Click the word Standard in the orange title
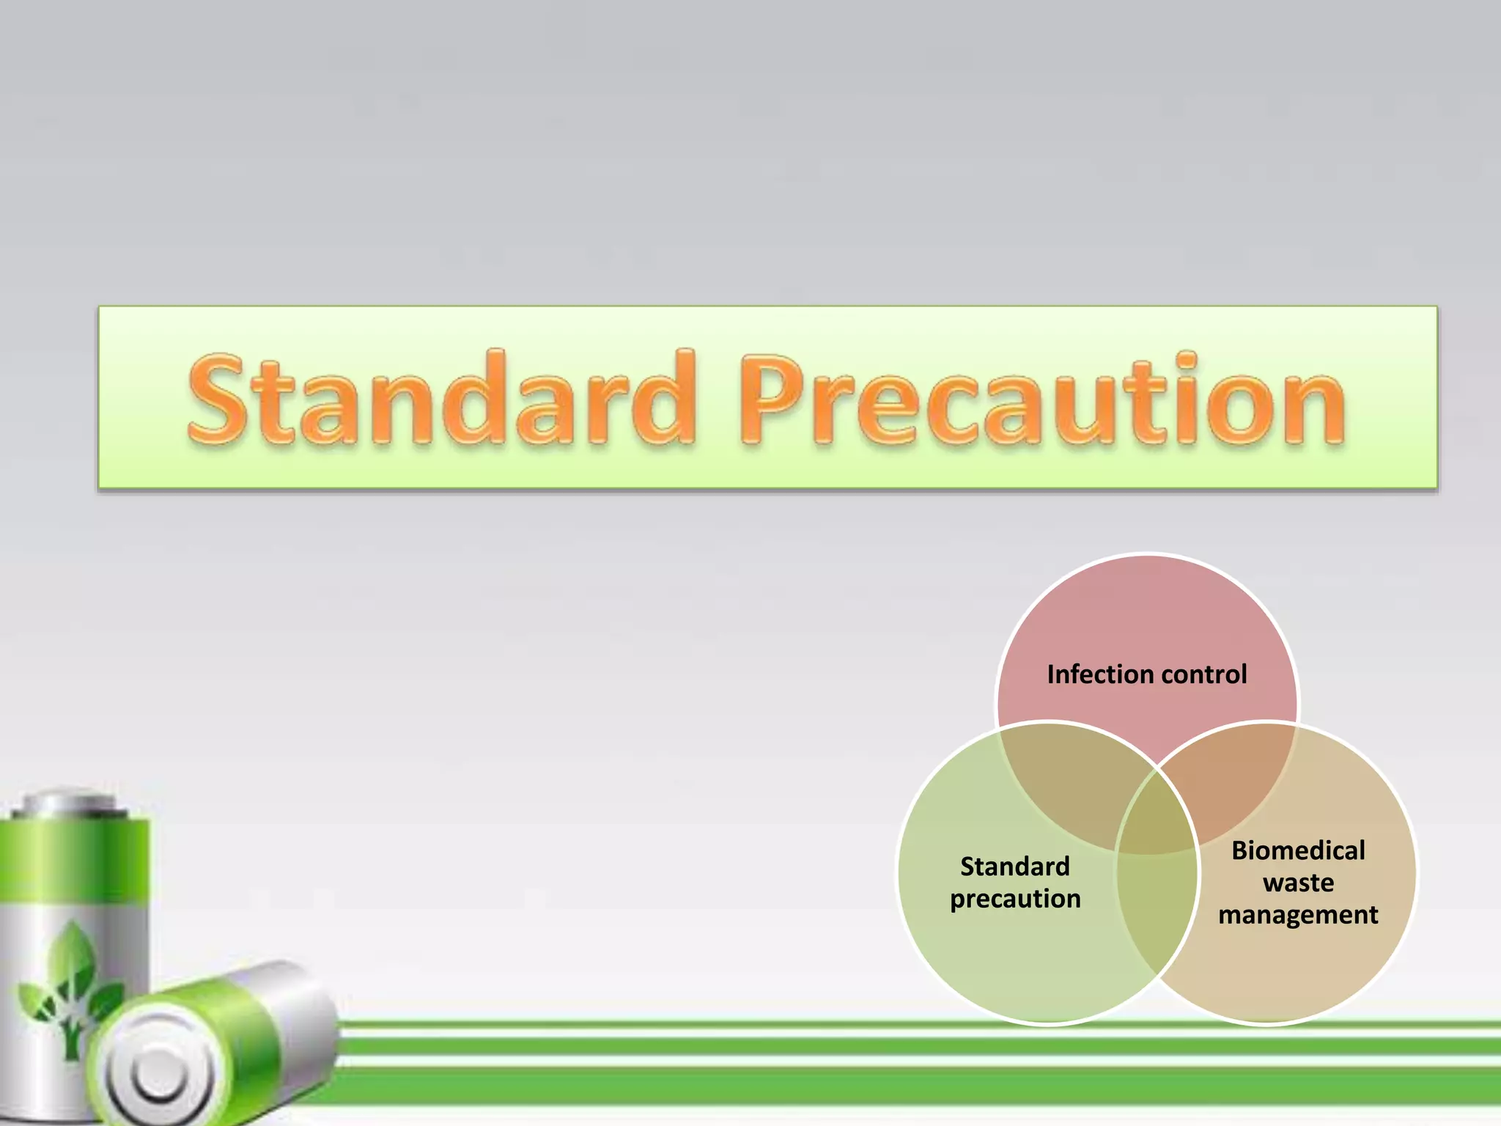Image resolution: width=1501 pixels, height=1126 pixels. tap(440, 400)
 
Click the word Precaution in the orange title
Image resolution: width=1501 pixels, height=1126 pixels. tap(1041, 400)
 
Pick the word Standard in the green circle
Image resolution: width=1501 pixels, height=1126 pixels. tap(1014, 866)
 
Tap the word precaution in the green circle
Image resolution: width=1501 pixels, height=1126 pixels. tap(1014, 899)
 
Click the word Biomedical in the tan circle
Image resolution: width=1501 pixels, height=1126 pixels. tap(1298, 850)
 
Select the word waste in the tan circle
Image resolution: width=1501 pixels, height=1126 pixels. tap(1298, 883)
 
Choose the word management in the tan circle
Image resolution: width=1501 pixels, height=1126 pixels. tap(1298, 915)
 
